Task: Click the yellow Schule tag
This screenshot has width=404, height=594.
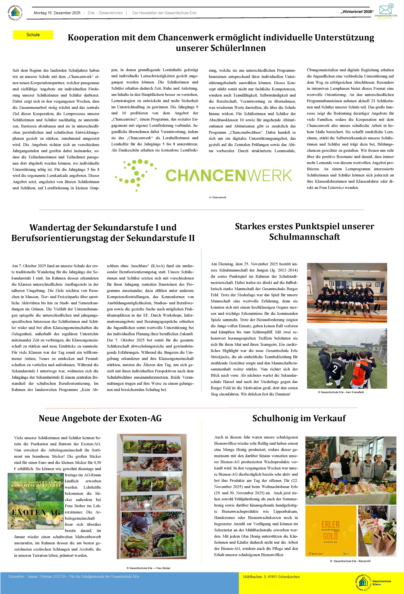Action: pyautogui.click(x=33, y=35)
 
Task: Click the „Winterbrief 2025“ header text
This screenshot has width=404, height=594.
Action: pyautogui.click(x=357, y=12)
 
